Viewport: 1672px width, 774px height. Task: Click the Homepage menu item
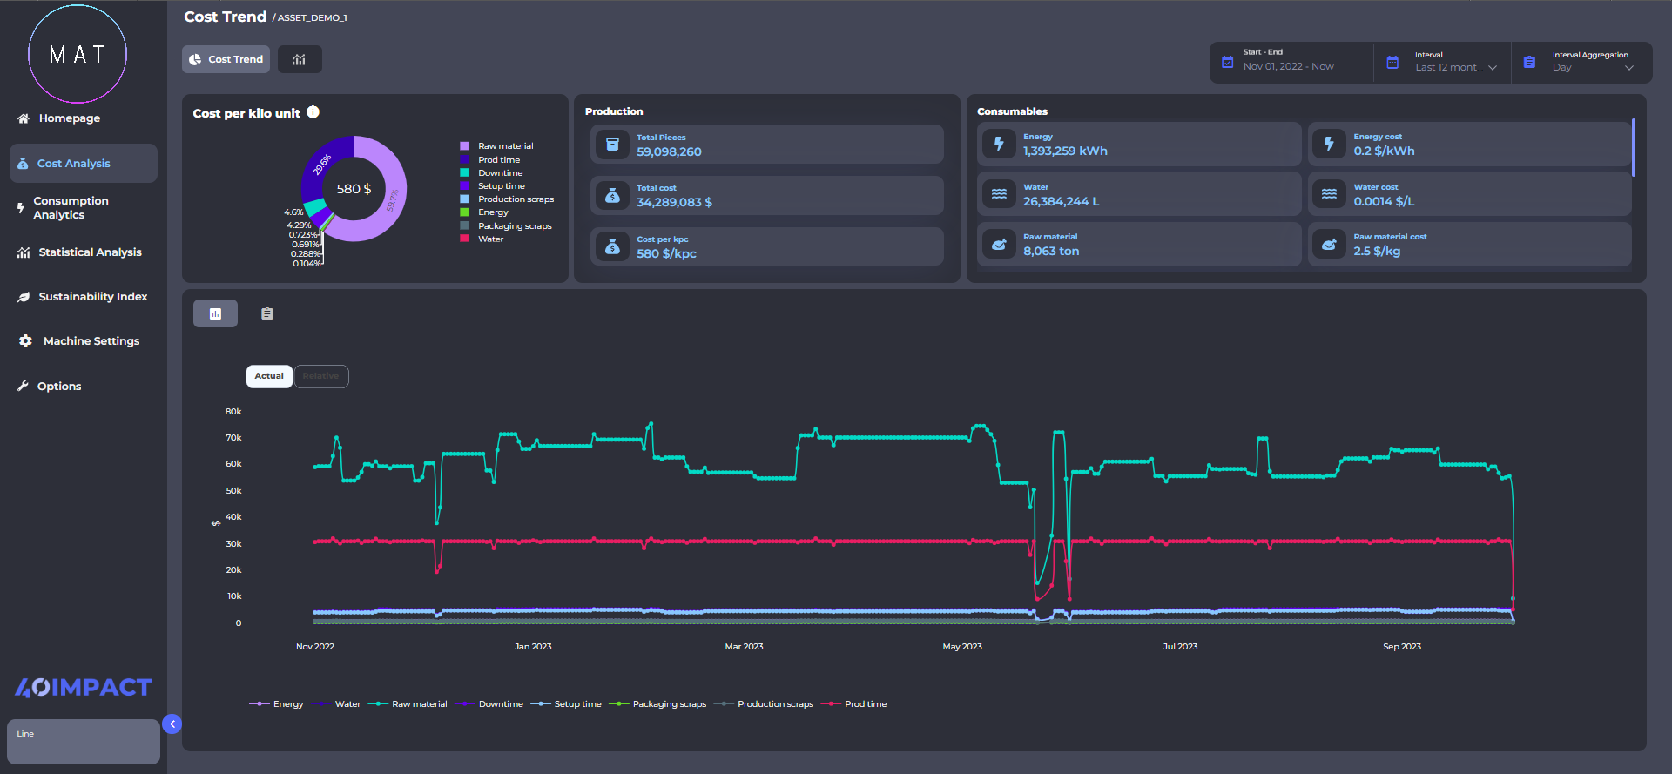click(x=69, y=118)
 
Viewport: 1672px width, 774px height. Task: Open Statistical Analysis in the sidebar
click(x=89, y=252)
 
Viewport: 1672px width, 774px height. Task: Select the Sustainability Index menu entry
click(x=92, y=297)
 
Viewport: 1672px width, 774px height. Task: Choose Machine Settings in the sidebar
click(x=91, y=341)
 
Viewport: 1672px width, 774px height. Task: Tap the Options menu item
click(x=58, y=387)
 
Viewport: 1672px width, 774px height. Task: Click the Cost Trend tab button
click(x=226, y=59)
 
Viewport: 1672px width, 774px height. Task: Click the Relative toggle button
click(x=321, y=376)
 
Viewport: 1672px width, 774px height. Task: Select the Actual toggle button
click(x=269, y=376)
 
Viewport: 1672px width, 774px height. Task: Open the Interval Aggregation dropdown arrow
click(x=1628, y=68)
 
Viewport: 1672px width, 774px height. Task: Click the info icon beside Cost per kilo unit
click(x=313, y=112)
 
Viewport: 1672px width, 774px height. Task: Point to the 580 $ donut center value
click(x=354, y=189)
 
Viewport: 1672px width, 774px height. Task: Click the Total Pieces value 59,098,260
click(x=669, y=152)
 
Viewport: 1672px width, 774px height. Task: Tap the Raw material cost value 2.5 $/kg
click(x=1377, y=252)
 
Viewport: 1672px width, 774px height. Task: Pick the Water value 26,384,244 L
click(x=1061, y=202)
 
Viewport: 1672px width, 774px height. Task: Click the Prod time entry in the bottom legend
click(x=865, y=704)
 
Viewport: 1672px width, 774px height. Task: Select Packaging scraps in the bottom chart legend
click(x=669, y=704)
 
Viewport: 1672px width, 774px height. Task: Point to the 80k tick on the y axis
click(x=233, y=412)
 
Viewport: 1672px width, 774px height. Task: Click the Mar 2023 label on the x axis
click(x=744, y=647)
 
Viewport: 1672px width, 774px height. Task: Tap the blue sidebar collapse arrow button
click(x=172, y=724)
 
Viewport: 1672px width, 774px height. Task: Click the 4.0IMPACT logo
click(x=84, y=688)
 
